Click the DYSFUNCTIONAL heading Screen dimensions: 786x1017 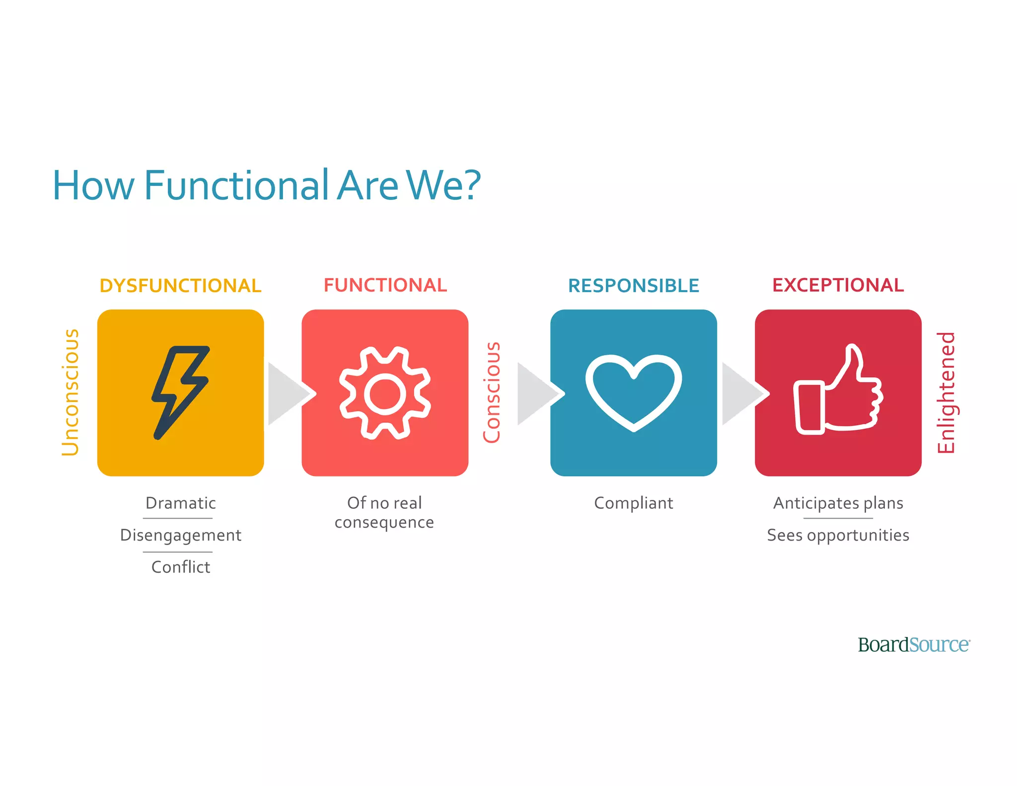coord(180,286)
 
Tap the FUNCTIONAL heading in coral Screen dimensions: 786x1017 coord(385,285)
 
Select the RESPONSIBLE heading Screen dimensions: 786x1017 coord(634,286)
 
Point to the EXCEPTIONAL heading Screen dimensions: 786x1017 coord(838,285)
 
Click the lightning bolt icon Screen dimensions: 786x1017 coord(180,392)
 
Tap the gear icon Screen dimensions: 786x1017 coord(385,393)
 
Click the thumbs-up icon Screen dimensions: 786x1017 coord(838,391)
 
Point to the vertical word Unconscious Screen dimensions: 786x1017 coord(70,392)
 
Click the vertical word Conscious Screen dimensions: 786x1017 coord(492,392)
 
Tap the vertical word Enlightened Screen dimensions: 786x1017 coord(946,393)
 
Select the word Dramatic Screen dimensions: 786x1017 coord(180,503)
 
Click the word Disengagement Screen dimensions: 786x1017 coord(180,535)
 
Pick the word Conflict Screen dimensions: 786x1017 coord(180,567)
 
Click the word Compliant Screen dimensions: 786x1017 coord(634,503)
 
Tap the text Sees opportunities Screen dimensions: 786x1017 coord(838,535)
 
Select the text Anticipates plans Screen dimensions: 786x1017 coord(838,503)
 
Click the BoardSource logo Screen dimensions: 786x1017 coord(914,645)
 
